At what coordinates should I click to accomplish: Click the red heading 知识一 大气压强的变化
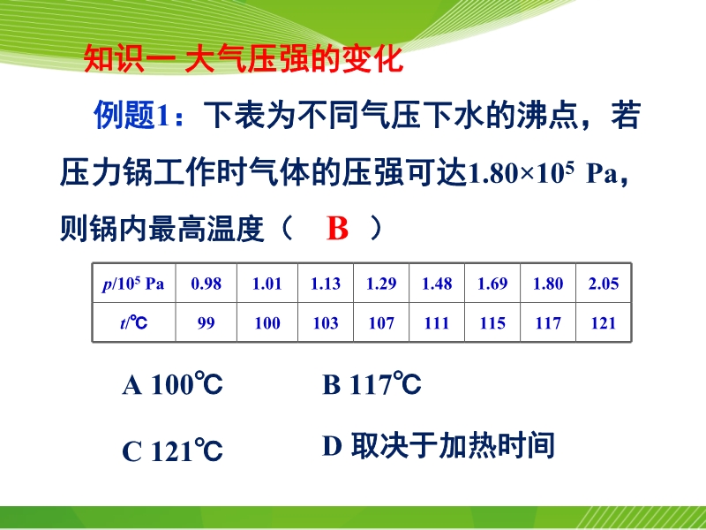click(244, 59)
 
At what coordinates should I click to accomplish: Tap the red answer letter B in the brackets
click(337, 229)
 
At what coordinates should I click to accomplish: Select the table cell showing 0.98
click(207, 284)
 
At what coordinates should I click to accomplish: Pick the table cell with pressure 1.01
click(267, 284)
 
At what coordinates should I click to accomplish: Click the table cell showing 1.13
click(326, 284)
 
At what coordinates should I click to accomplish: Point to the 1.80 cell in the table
click(548, 284)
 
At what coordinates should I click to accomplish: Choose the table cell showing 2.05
click(604, 284)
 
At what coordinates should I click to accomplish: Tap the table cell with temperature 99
click(207, 322)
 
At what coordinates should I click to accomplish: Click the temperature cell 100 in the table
click(267, 322)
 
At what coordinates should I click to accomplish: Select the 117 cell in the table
click(548, 322)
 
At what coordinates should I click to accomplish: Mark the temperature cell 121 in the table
click(604, 322)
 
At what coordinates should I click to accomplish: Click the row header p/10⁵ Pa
click(133, 284)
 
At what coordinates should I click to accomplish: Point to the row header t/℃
click(134, 322)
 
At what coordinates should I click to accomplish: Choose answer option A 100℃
click(172, 384)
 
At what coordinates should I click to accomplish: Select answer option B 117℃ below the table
click(372, 384)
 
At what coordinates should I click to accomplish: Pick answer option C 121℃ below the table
click(172, 450)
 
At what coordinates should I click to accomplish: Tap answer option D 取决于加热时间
click(438, 446)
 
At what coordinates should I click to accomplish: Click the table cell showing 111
click(437, 322)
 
